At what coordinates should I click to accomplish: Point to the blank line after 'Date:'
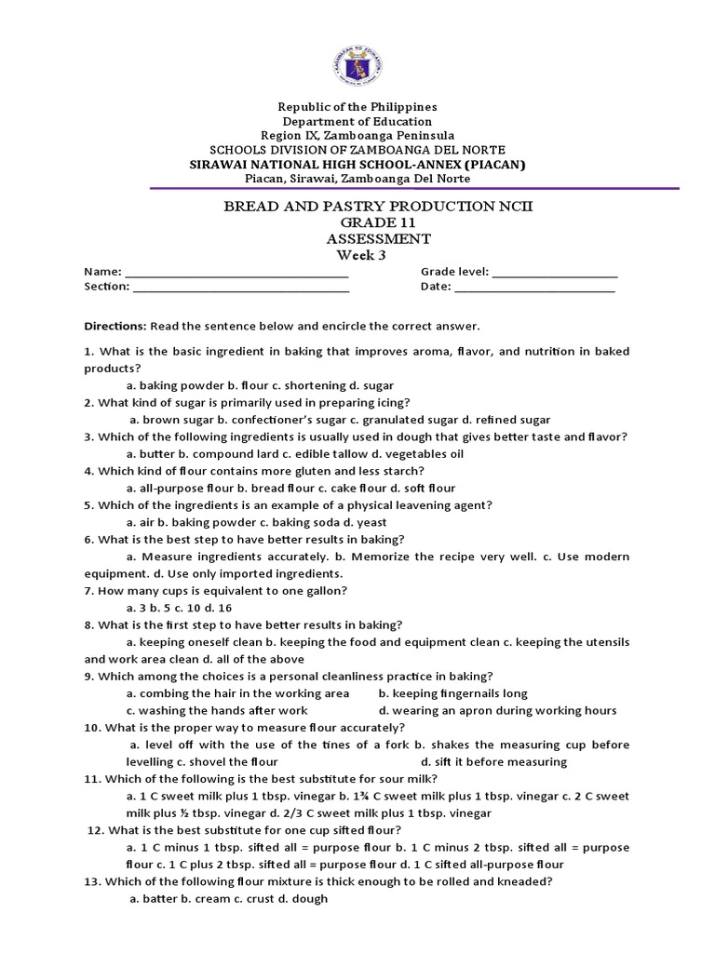[x=534, y=288]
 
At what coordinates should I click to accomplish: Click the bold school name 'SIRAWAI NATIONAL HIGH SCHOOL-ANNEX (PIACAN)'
[x=357, y=164]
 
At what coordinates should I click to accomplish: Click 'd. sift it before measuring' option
[x=493, y=762]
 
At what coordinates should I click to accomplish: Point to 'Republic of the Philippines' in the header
[x=357, y=107]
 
